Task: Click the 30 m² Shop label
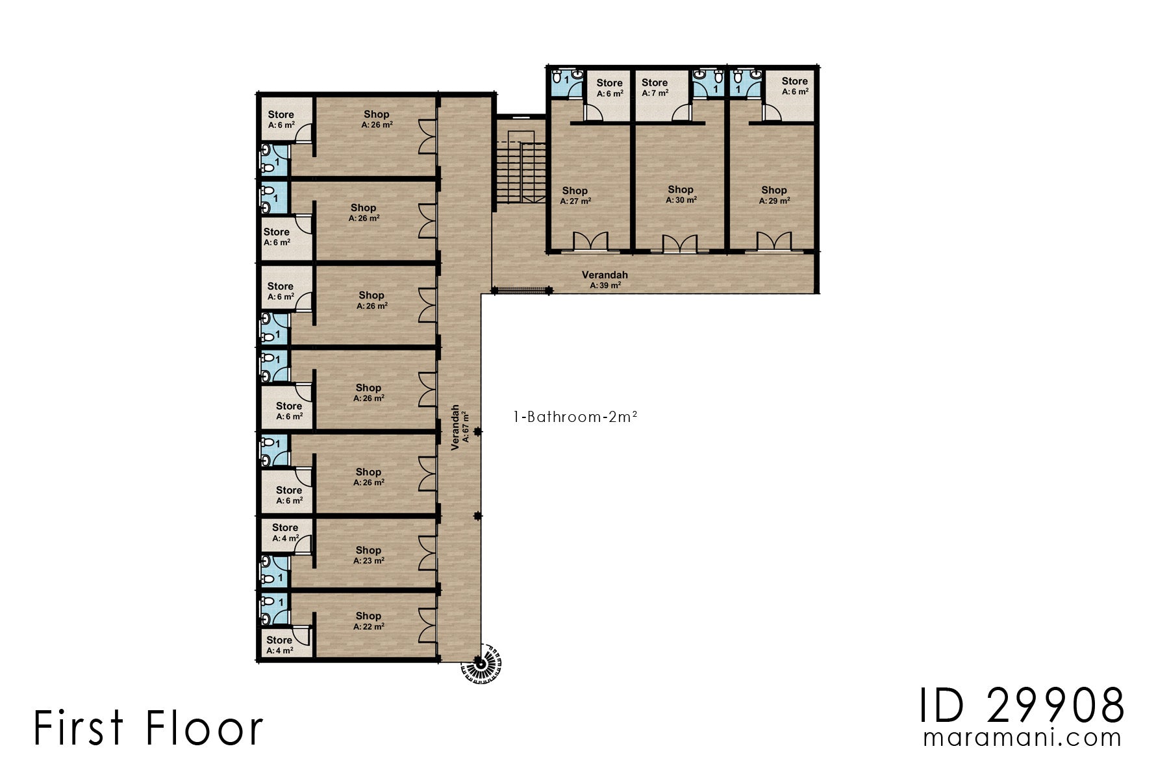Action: [x=681, y=194]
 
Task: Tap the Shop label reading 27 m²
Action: [x=575, y=195]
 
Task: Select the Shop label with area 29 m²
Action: [x=774, y=195]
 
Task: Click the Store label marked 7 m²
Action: [x=655, y=88]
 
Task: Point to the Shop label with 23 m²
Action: [x=368, y=555]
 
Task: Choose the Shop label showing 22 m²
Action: [x=368, y=621]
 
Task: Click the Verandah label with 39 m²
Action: [x=605, y=280]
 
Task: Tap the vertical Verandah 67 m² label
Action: [x=460, y=427]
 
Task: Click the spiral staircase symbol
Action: [x=481, y=663]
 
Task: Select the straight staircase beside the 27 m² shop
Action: [x=522, y=171]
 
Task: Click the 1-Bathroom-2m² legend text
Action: [x=575, y=417]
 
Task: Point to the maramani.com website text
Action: [x=1022, y=738]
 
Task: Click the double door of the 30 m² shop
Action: [x=679, y=244]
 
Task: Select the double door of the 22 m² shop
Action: [x=427, y=624]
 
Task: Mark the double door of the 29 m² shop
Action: [x=773, y=241]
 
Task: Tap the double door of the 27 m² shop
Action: [x=590, y=241]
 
